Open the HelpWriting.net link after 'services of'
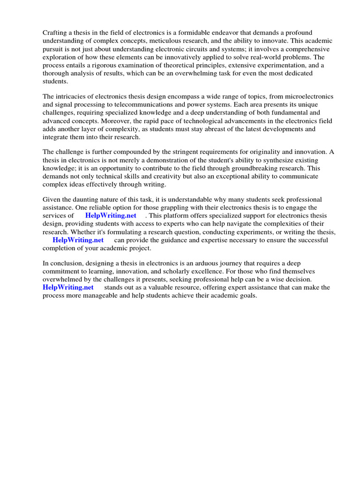tap(111, 216)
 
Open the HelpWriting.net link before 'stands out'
tap(68, 287)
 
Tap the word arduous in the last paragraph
tap(190, 263)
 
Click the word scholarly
tap(177, 271)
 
